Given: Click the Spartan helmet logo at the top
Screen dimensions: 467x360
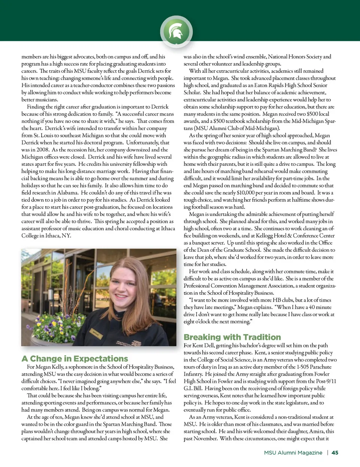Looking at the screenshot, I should point(176,31).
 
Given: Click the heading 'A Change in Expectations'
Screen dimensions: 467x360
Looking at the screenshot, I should point(75,359).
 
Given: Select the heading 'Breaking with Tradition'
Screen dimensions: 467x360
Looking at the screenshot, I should point(232,337).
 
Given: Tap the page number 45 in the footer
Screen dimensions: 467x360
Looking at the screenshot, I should point(335,453).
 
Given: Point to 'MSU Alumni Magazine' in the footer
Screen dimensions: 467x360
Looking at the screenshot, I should point(293,453).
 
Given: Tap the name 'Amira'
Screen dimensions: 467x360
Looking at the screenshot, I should point(317,431).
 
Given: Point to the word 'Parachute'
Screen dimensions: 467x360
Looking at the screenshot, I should point(320,367).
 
